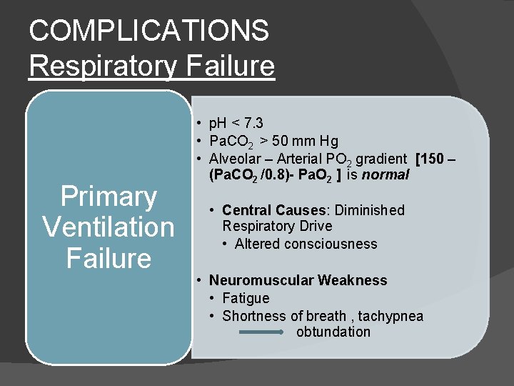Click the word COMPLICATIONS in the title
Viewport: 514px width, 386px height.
(149, 31)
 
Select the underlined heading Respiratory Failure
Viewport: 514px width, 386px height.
(151, 66)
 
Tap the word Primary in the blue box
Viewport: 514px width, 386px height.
(109, 197)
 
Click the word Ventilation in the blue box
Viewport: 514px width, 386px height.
(109, 227)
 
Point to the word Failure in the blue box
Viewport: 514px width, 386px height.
(109, 258)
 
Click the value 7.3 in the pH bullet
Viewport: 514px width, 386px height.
(254, 124)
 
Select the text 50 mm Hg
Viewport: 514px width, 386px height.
(303, 141)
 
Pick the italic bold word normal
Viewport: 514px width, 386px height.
(385, 174)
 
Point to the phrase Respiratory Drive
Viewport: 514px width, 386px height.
(277, 226)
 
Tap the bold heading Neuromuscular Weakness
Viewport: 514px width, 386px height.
(298, 280)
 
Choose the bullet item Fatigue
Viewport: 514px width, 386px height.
(246, 298)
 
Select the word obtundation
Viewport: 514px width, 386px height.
(333, 332)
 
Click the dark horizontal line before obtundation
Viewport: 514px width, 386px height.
(261, 332)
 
